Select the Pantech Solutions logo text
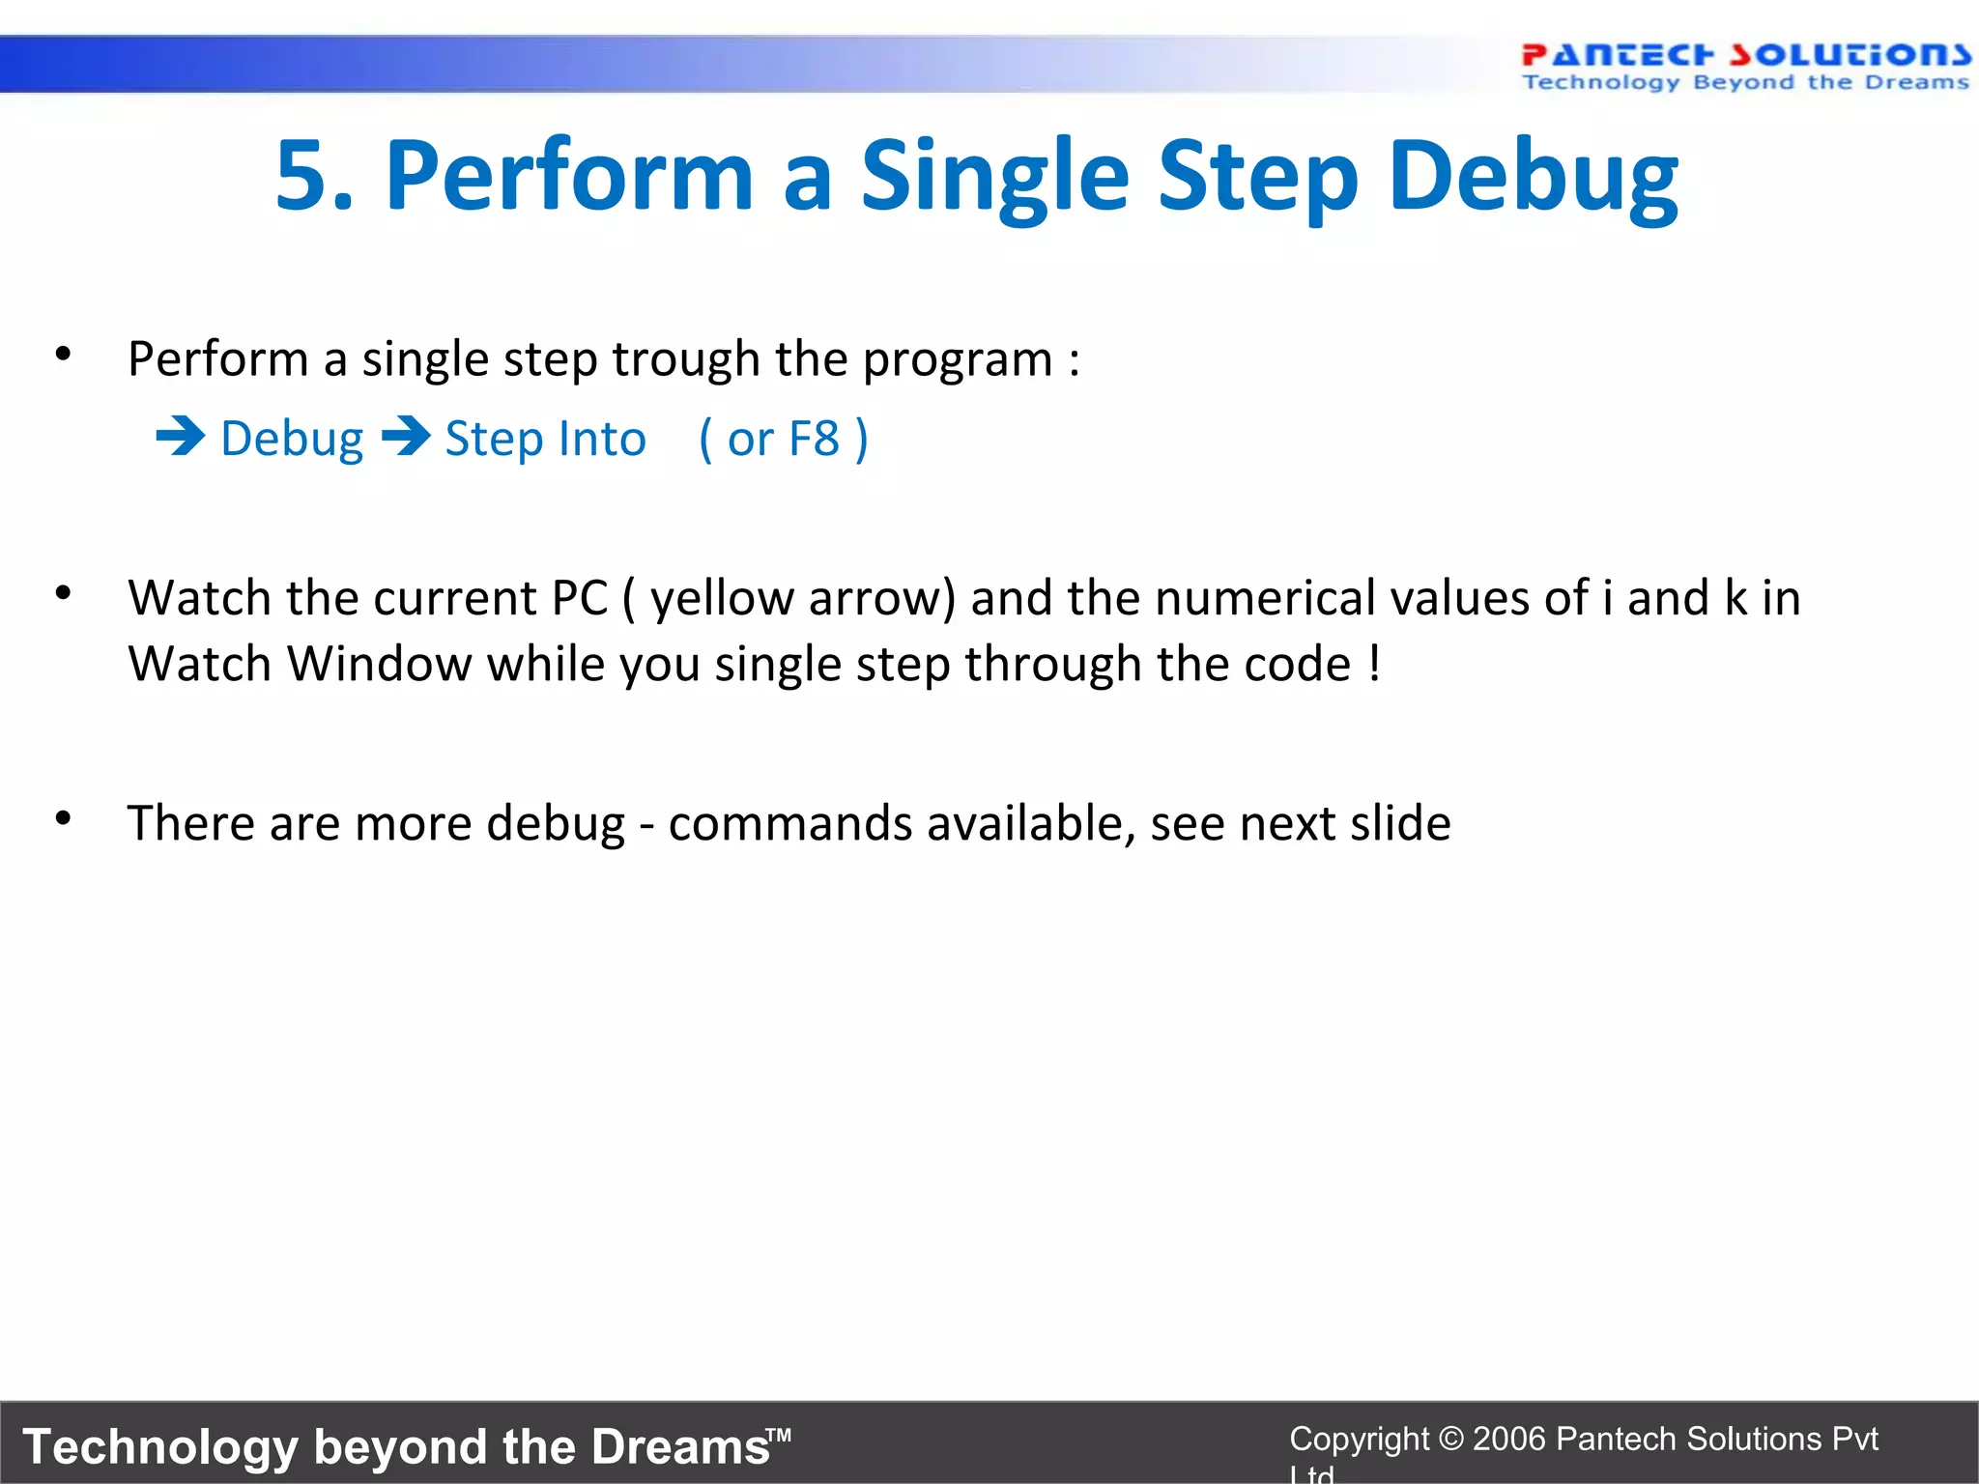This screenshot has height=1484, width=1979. (x=1745, y=54)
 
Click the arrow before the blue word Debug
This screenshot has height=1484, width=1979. (x=181, y=437)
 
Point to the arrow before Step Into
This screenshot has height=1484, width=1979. (x=406, y=437)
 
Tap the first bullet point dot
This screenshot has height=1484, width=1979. (x=63, y=354)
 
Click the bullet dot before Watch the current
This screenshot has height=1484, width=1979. (x=63, y=592)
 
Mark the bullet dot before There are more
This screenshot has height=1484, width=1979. (x=63, y=818)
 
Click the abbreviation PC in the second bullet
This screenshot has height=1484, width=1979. (x=580, y=598)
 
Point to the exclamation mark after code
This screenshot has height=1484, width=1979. (x=1374, y=664)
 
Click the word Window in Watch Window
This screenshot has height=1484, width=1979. (x=379, y=664)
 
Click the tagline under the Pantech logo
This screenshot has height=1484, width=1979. (x=1745, y=83)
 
